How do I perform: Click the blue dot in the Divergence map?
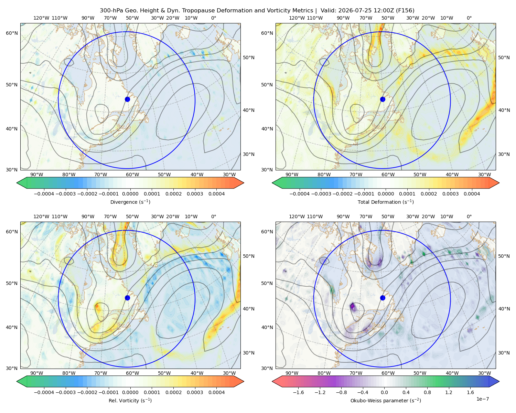tap(127, 99)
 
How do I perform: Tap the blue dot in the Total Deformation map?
tap(383, 99)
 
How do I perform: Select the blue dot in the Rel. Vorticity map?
tap(127, 298)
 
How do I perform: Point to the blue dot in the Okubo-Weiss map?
tap(383, 298)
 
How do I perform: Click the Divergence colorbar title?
tap(130, 202)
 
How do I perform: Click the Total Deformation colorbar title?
tap(386, 202)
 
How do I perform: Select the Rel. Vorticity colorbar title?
tap(130, 400)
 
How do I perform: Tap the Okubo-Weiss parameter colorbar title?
tap(386, 400)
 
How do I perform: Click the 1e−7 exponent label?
tap(482, 399)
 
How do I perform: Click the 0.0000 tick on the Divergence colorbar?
tap(130, 194)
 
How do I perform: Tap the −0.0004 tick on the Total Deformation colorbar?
tap(300, 194)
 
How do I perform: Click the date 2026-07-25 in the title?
tap(352, 10)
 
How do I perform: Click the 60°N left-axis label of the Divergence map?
tap(12, 33)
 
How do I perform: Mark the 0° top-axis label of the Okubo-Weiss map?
tap(469, 216)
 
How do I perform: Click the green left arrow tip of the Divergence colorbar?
tap(17, 183)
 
